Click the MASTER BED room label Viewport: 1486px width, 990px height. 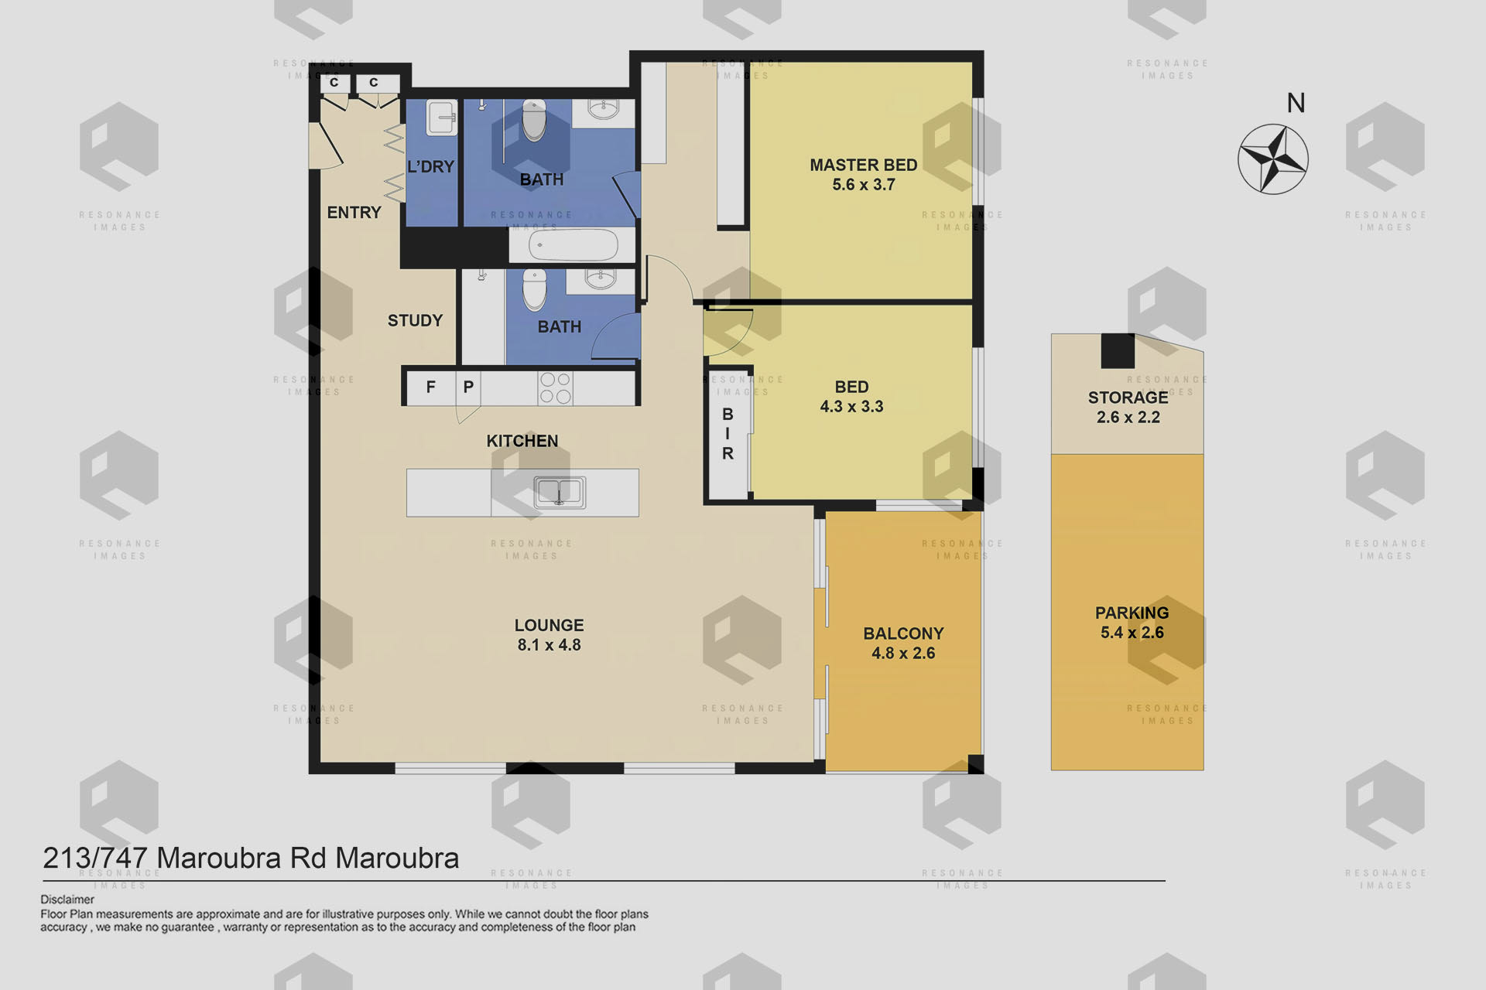(x=863, y=165)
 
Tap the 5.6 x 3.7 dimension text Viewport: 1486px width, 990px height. (x=863, y=185)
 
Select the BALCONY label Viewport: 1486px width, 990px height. (x=903, y=633)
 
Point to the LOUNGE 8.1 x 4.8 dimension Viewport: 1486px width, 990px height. (x=549, y=645)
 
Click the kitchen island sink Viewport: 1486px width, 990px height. (x=559, y=492)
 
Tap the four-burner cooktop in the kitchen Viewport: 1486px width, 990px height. (x=555, y=388)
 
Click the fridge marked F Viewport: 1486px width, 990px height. (x=430, y=387)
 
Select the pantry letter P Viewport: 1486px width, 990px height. (x=468, y=387)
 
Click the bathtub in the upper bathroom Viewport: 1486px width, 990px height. (x=573, y=246)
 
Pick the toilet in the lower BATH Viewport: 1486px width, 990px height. (x=534, y=289)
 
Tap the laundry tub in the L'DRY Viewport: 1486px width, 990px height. (x=441, y=117)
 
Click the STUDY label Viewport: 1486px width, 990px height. (x=415, y=320)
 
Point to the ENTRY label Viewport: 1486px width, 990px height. (x=354, y=213)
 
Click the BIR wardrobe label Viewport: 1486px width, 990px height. (x=728, y=434)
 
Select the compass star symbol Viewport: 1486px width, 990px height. (x=1273, y=159)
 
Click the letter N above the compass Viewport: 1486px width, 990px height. (x=1296, y=103)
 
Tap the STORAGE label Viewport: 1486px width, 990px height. (x=1128, y=398)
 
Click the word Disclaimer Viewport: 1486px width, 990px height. (x=67, y=900)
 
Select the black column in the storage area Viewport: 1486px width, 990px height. (x=1118, y=350)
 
